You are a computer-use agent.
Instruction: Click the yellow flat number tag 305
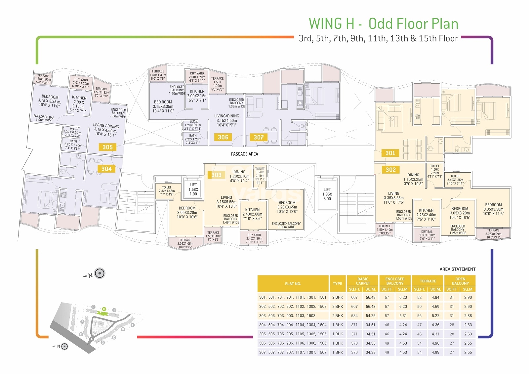pos(107,147)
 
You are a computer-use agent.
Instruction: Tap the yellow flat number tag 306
pos(223,137)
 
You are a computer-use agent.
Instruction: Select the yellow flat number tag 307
pos(259,137)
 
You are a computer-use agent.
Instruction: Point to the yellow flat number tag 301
pos(390,153)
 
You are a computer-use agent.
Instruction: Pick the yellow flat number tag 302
pos(390,170)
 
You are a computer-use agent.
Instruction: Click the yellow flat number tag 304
pos(106,169)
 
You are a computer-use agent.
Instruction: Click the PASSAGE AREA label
pos(244,154)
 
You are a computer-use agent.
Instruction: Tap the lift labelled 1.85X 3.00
pos(327,194)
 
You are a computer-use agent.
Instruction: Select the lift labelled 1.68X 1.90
pos(193,189)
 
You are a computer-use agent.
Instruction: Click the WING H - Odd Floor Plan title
pos(384,24)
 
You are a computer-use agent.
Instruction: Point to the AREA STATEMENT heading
pos(457,269)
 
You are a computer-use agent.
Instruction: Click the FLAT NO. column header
pos(293,284)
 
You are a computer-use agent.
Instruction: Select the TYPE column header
pos(338,284)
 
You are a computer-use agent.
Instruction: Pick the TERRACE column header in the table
pos(428,281)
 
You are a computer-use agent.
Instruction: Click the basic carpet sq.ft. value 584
pos(354,316)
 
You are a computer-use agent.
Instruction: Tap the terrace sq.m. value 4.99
pos(435,353)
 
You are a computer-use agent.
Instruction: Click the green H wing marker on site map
pos(104,309)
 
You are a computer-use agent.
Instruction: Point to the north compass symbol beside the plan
pos(100,273)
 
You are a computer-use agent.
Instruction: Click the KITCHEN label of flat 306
pos(197,91)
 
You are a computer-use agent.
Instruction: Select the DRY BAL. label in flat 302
pos(427,232)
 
